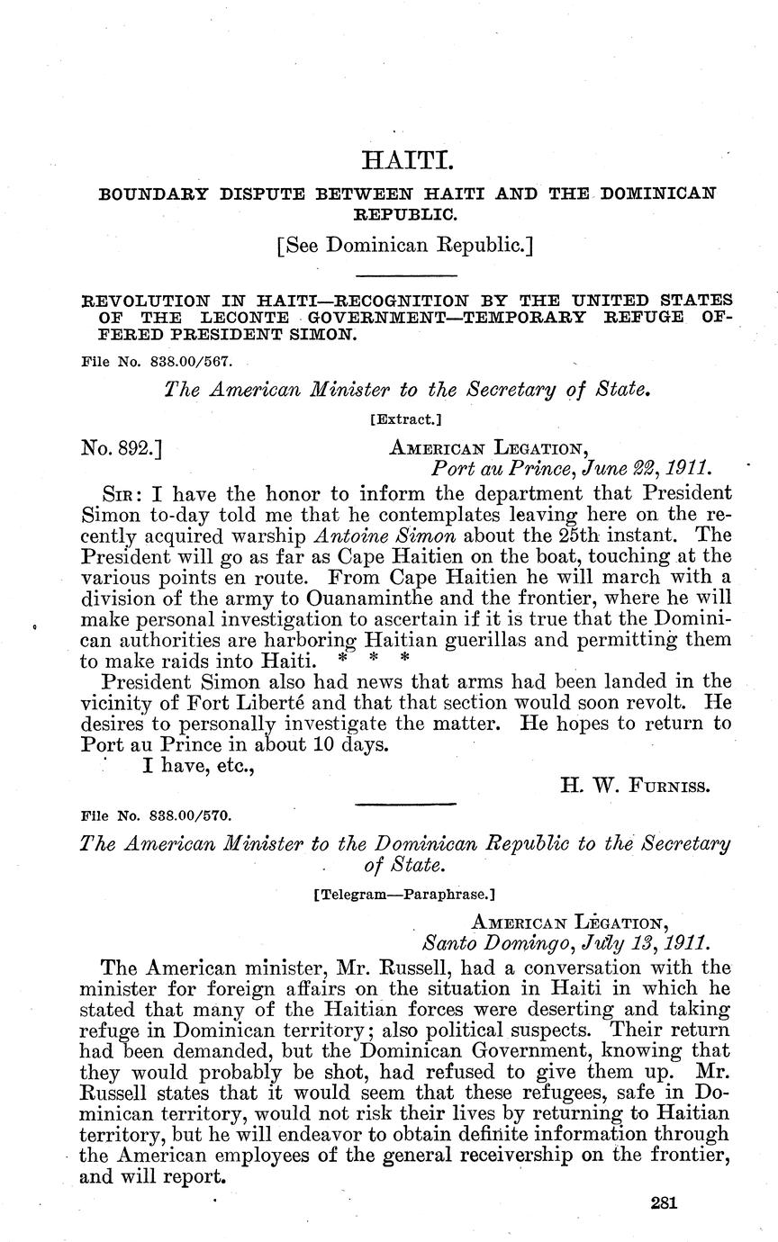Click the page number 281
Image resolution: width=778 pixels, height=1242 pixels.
coord(662,1203)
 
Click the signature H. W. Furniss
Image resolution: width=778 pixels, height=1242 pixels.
coord(636,786)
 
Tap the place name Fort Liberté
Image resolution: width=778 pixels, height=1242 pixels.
coord(230,702)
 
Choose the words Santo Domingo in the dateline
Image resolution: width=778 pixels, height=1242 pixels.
coord(477,944)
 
